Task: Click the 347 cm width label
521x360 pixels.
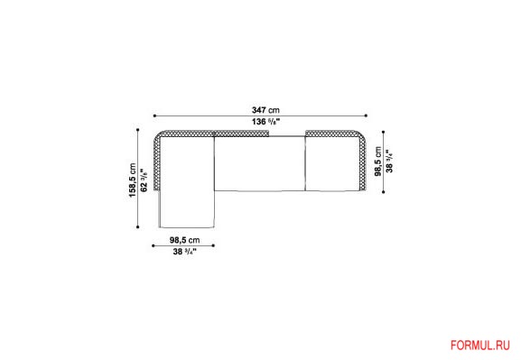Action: [x=265, y=110]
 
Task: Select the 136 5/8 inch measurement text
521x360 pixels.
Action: [x=266, y=122]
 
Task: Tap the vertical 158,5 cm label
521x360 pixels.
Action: [x=133, y=180]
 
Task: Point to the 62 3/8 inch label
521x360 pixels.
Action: [x=144, y=180]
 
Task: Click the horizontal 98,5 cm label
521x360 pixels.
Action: [x=185, y=240]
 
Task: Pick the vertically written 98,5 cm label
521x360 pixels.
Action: [x=378, y=162]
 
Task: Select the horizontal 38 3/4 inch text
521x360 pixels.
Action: [x=185, y=252]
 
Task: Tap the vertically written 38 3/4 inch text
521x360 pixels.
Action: [x=390, y=162]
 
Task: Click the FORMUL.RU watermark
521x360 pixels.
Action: [x=479, y=346]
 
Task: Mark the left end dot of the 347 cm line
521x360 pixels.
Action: [x=154, y=115]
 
